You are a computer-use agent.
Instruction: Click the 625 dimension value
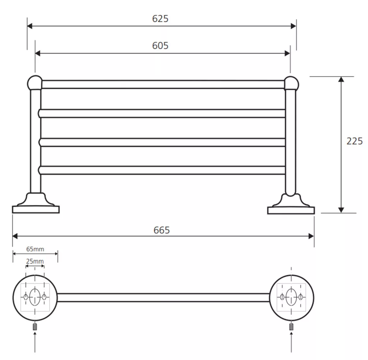pos(160,19)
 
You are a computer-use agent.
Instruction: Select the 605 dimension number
pos(160,46)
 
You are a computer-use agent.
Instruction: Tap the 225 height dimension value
pos(354,141)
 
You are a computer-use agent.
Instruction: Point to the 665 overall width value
pos(161,230)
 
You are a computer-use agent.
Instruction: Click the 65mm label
pos(35,249)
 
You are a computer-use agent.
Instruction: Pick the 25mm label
pos(35,261)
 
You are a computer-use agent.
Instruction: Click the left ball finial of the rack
pos(35,83)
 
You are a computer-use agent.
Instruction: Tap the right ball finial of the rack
pos(291,83)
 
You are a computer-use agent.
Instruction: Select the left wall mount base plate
pos(36,209)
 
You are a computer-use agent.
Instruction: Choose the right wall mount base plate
pos(291,210)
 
